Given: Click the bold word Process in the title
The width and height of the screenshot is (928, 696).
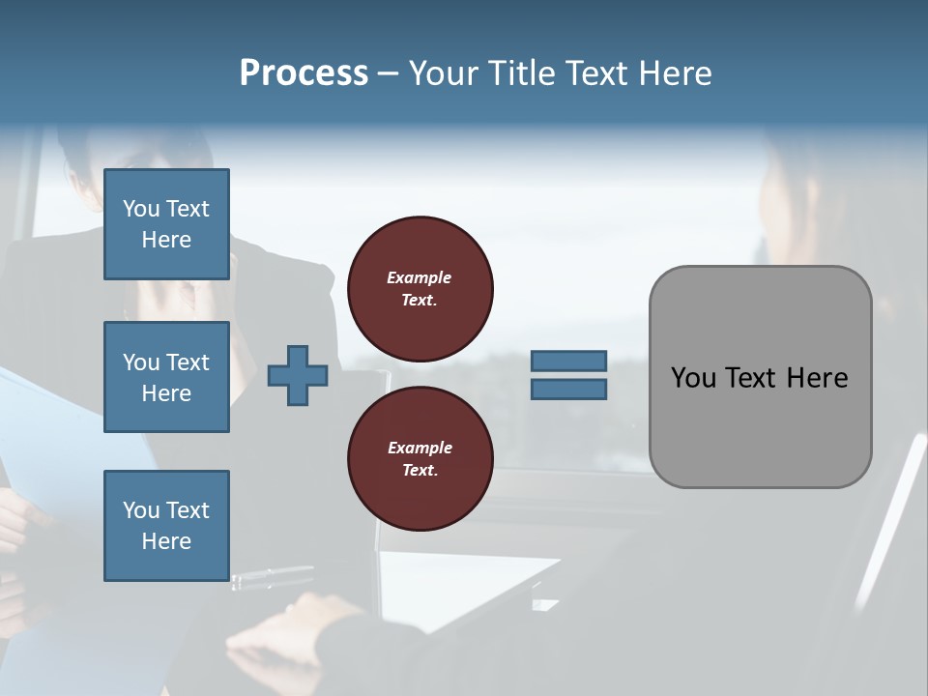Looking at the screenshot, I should [x=304, y=73].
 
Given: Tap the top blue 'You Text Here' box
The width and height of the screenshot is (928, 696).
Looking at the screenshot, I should [x=166, y=224].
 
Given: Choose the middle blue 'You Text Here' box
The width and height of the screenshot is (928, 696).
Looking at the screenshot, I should [x=166, y=377].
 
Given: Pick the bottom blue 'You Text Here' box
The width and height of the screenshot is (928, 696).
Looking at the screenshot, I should [x=166, y=526].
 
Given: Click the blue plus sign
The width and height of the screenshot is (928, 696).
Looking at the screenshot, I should [x=298, y=375].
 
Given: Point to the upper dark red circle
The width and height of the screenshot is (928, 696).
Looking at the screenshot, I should [x=420, y=289].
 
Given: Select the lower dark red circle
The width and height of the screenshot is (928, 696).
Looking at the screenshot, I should [x=420, y=459].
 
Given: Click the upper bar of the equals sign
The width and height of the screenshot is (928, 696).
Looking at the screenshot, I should [x=568, y=361].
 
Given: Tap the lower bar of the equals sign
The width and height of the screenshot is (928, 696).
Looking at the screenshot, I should [x=568, y=390].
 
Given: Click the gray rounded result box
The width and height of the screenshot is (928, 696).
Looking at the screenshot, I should [x=760, y=377].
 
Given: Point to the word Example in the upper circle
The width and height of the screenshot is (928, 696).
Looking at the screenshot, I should [x=420, y=277].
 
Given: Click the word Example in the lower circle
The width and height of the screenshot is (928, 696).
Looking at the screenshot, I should [x=420, y=448].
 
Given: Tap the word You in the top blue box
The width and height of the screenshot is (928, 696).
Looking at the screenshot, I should [x=141, y=209].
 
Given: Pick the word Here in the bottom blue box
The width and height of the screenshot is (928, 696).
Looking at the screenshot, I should [x=166, y=541].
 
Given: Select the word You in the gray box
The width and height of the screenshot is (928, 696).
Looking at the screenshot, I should [x=692, y=378].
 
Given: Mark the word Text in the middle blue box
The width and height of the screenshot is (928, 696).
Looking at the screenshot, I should [x=188, y=362].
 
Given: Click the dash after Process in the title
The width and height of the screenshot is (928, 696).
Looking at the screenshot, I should [x=389, y=73].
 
